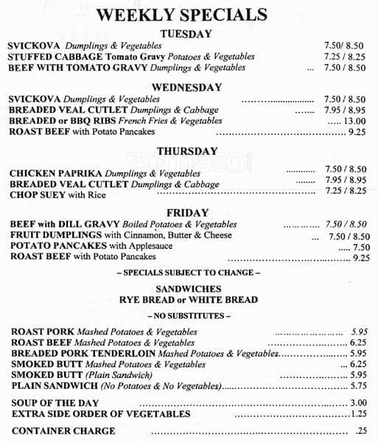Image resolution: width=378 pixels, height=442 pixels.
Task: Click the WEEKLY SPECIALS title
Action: click(x=181, y=15)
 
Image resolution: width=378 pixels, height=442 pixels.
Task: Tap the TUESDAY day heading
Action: click(x=186, y=34)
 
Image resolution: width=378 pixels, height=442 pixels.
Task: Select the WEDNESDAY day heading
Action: click(x=186, y=87)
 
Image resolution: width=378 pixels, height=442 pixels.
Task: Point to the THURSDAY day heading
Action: click(x=186, y=151)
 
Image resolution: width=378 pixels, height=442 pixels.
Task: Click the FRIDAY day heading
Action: click(x=187, y=213)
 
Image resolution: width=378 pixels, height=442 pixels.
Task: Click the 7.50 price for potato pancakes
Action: click(x=361, y=248)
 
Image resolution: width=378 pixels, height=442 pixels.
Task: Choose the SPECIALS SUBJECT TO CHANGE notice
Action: click(x=189, y=273)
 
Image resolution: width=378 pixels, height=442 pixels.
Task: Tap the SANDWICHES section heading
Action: click(x=189, y=289)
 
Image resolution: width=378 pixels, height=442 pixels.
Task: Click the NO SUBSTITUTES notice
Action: click(x=189, y=315)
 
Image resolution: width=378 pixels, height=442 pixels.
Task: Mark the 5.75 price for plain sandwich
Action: click(x=359, y=385)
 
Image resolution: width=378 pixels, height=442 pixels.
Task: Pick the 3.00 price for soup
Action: click(x=359, y=403)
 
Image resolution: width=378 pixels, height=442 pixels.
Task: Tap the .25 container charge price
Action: click(x=361, y=430)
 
